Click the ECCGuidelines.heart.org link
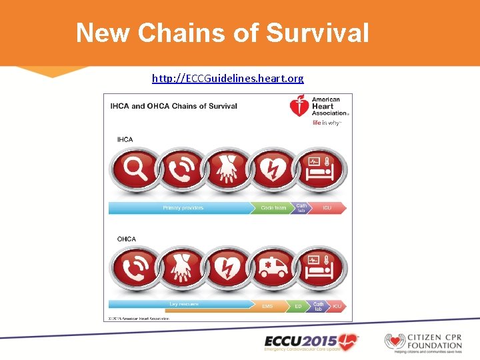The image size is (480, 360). coord(227,79)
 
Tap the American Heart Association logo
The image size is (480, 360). coord(318,110)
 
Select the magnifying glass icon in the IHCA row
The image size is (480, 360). coord(135,169)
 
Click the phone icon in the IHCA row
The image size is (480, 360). coord(181,169)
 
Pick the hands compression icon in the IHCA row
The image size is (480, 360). coord(228,169)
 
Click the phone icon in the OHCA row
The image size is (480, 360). coord(135,269)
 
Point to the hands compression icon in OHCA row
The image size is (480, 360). coord(181,269)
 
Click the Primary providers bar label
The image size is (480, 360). coord(183,208)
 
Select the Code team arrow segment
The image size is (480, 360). coord(273,208)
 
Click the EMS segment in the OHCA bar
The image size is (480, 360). coord(267,306)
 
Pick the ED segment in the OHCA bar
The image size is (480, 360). coord(298,306)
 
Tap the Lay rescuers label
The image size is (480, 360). coord(184,304)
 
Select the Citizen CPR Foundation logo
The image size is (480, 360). coord(423,341)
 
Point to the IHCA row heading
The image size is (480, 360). coord(125,139)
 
